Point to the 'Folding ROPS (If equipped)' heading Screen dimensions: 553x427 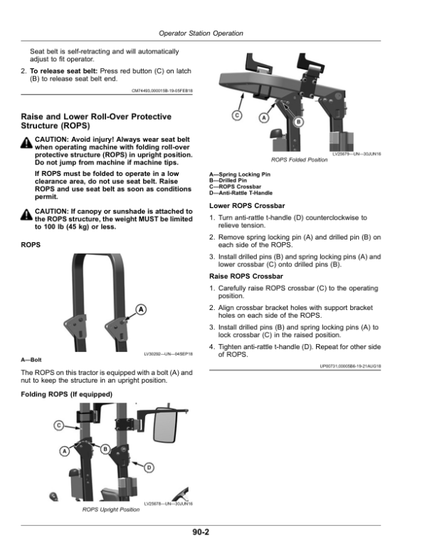(x=66, y=394)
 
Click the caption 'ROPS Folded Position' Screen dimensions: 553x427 (x=300, y=160)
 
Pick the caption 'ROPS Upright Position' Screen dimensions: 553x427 (x=110, y=510)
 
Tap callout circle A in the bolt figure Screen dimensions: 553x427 (x=141, y=309)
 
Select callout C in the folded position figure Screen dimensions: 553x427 (x=238, y=115)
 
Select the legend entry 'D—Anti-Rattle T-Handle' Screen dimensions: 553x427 (x=241, y=193)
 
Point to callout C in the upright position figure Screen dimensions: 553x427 (x=58, y=425)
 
